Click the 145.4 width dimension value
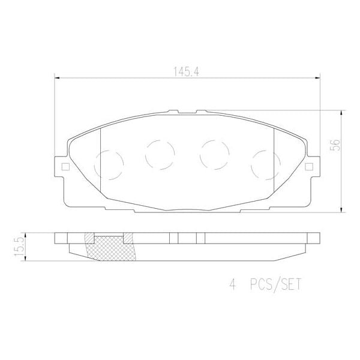[x=187, y=70]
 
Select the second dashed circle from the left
[x=160, y=154]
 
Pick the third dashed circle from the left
[x=213, y=154]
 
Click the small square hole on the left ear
[x=61, y=167]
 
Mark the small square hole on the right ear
[x=310, y=167]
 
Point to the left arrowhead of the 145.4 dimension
[x=58, y=77]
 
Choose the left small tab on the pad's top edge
[x=173, y=111]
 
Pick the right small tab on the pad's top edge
[x=200, y=111]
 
